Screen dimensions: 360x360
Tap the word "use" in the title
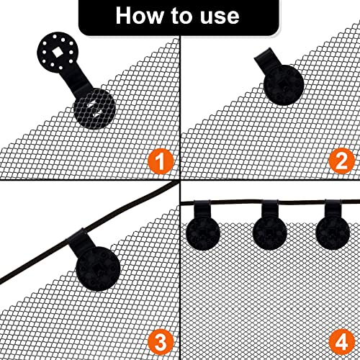coord(220,17)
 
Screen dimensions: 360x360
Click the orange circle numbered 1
coord(161,161)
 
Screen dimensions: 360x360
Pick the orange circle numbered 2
coord(341,161)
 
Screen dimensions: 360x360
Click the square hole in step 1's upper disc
coord(57,52)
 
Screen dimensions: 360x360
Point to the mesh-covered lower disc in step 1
coord(94,109)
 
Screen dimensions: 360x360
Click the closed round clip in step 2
coord(284,85)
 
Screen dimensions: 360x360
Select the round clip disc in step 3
coord(98,269)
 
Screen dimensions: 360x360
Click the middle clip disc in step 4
coord(270,233)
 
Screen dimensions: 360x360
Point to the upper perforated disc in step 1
coord(56,53)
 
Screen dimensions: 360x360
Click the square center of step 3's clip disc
coord(99,267)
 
